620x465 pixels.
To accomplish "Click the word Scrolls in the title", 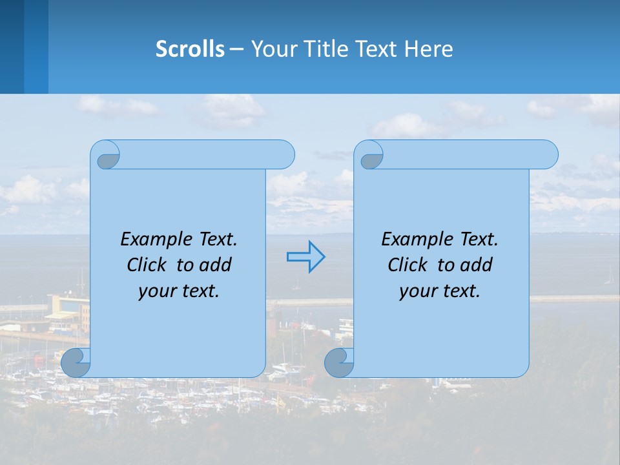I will click(190, 49).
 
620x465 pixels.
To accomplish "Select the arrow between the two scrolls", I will click(305, 257).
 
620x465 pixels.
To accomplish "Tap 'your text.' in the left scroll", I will click(179, 291).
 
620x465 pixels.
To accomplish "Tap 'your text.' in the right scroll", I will click(440, 291).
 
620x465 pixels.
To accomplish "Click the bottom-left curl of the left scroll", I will click(75, 363).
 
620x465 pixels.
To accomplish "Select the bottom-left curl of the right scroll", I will click(338, 363).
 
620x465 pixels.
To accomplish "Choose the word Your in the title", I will click(271, 49).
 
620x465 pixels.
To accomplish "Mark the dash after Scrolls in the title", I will click(236, 49).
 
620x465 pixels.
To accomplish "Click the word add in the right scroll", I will click(476, 265).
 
